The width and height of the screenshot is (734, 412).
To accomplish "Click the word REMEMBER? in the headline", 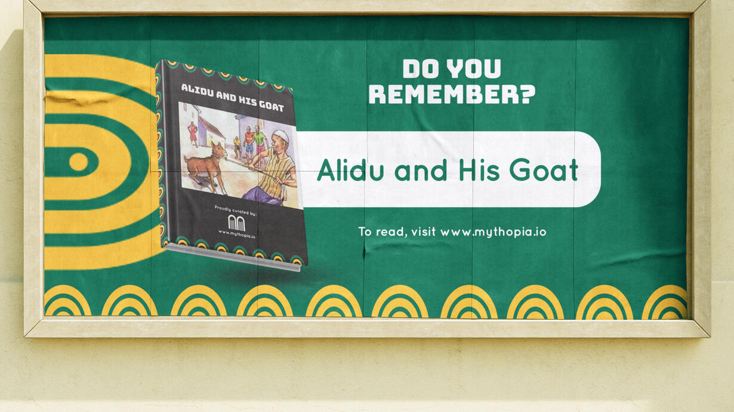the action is point(452,94).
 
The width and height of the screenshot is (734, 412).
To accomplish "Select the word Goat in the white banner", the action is point(544,171).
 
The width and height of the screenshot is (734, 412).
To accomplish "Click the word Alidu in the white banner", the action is point(350,170).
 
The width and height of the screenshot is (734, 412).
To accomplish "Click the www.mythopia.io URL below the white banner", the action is point(493,232).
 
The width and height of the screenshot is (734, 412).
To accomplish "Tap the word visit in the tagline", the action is point(423,231).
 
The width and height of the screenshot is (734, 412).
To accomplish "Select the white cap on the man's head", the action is point(281,136).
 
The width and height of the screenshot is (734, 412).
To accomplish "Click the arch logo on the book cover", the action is point(236,223).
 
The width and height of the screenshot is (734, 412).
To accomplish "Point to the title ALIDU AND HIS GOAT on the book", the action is point(232,97).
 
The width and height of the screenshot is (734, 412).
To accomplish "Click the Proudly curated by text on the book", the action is point(236,210).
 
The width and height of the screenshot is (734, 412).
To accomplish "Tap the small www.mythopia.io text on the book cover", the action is point(237,234).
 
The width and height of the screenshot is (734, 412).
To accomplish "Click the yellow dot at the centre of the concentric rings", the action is point(79,162).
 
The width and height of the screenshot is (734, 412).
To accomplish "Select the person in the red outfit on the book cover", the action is point(193,132).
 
